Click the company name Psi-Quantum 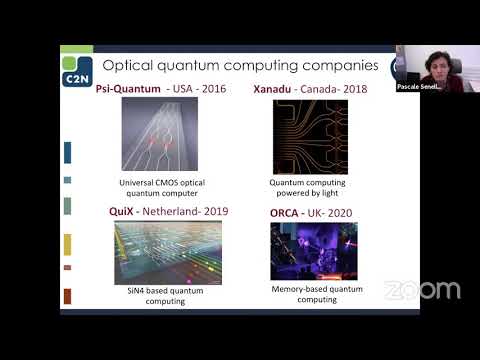pos(129,88)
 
